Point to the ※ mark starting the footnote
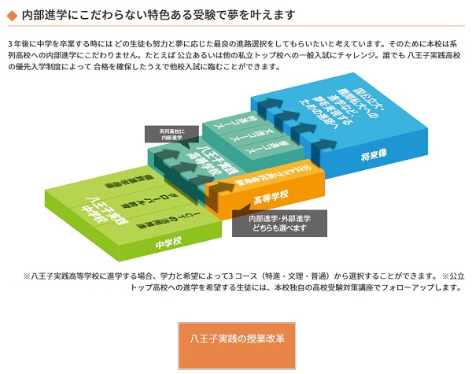pos(28,276)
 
